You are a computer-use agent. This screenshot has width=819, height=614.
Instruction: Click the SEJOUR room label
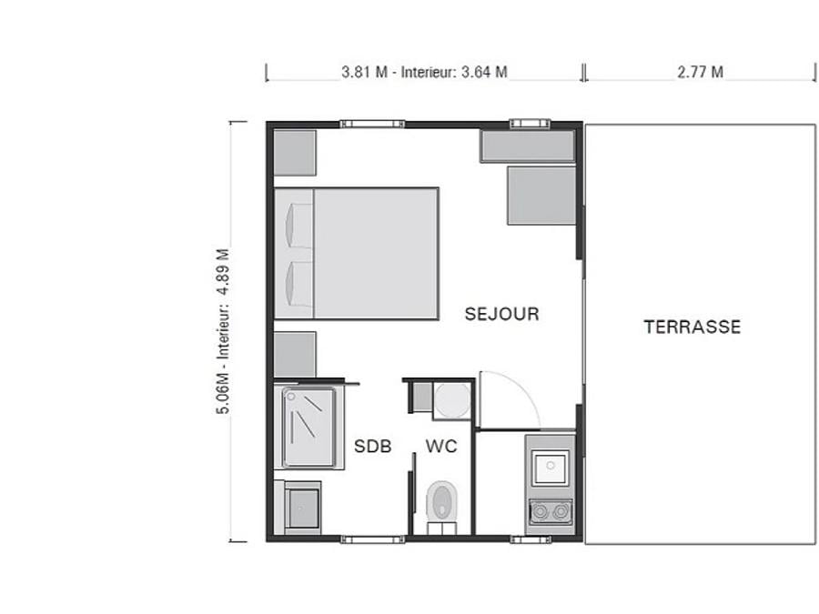tap(501, 314)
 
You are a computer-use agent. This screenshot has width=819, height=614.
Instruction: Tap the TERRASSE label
tap(693, 327)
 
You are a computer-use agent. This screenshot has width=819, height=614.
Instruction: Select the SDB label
tap(372, 447)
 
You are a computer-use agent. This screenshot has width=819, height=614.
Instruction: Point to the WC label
tap(441, 447)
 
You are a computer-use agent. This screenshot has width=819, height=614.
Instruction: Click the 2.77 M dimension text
tap(701, 72)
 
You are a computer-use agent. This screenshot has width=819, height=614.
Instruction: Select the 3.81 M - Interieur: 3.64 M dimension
tap(424, 72)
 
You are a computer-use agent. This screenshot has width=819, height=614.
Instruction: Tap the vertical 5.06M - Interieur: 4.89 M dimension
tap(223, 331)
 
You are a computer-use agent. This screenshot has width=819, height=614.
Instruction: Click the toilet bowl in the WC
tap(442, 500)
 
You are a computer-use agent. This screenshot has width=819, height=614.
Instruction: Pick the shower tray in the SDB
tap(308, 428)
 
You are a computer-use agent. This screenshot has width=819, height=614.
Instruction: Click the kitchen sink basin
tap(550, 468)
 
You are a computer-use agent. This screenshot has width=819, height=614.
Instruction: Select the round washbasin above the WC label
tap(452, 401)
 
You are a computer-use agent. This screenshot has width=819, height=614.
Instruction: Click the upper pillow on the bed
tap(298, 226)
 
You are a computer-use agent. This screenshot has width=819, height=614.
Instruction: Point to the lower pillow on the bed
tap(298, 284)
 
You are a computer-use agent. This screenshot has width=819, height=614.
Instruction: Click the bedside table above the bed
tap(295, 153)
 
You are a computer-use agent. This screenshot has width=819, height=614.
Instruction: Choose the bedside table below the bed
tap(295, 355)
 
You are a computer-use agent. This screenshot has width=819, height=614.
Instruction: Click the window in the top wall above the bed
tap(372, 124)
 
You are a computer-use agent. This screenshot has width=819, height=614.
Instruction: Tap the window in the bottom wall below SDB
tap(372, 539)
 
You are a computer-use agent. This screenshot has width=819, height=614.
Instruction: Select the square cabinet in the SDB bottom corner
tap(302, 508)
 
